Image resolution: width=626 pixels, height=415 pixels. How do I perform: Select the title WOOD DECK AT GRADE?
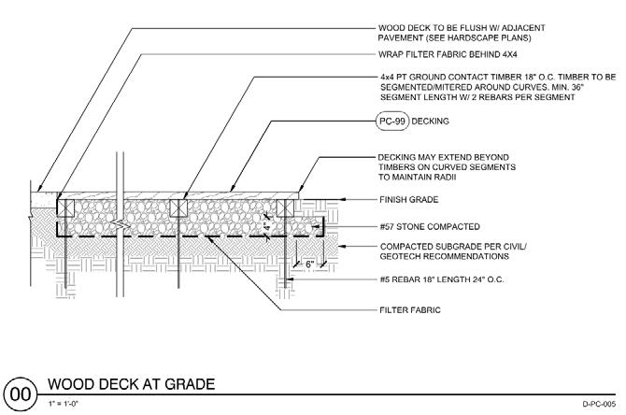pyautogui.click(x=131, y=383)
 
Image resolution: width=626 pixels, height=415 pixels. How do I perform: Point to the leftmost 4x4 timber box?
pyautogui.click(x=66, y=207)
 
